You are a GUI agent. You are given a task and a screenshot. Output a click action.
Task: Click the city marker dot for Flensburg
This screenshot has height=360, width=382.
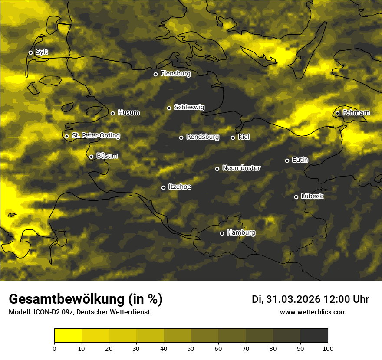pyautogui.click(x=155, y=74)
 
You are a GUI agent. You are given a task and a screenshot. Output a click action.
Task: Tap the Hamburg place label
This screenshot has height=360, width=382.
pyautogui.click(x=241, y=233)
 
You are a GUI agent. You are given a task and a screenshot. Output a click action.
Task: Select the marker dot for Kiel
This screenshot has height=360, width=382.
pyautogui.click(x=233, y=137)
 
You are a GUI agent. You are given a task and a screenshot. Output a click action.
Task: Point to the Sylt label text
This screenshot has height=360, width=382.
pyautogui.click(x=42, y=52)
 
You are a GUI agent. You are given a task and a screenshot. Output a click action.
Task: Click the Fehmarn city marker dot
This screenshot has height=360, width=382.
pyautogui.click(x=337, y=113)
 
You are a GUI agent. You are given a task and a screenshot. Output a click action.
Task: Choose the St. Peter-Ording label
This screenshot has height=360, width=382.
pyautogui.click(x=95, y=136)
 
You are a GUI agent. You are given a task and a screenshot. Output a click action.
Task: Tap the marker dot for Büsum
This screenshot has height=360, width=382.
pyautogui.click(x=91, y=157)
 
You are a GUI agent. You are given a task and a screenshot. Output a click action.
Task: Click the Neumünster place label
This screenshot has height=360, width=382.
pyautogui.click(x=241, y=168)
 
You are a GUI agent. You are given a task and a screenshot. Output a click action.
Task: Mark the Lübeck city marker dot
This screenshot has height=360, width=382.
pyautogui.click(x=296, y=197)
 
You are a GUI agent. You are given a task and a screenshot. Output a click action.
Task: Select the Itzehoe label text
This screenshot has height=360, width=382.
pyautogui.click(x=180, y=187)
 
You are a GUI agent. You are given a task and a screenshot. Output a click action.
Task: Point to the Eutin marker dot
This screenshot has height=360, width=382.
pyautogui.click(x=287, y=160)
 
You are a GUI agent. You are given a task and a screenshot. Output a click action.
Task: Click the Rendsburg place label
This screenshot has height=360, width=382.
pyautogui.click(x=203, y=137)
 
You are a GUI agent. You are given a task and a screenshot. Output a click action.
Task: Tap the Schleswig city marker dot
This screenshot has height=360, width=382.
pyautogui.click(x=169, y=108)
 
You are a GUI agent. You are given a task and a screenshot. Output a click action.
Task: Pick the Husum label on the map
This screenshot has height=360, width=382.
pyautogui.click(x=128, y=113)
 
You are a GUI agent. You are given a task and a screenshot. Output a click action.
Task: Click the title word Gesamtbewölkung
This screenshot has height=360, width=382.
pyautogui.click(x=66, y=299)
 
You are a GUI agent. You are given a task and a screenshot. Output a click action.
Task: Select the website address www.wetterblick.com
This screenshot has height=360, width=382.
pyautogui.click(x=313, y=312)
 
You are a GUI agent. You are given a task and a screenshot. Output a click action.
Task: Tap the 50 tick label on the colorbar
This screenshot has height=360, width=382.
pyautogui.click(x=191, y=348)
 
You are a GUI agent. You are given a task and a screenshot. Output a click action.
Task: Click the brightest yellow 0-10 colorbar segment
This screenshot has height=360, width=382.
pyautogui.click(x=68, y=335)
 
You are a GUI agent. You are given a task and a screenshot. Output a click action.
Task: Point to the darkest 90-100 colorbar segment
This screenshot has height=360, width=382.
pyautogui.click(x=314, y=335)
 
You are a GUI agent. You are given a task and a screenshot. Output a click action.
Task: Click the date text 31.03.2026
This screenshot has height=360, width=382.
pyautogui.click(x=292, y=299)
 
